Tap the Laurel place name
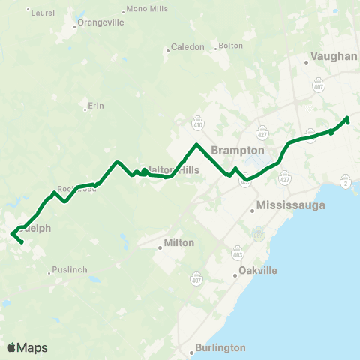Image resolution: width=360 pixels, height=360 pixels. point(42,13)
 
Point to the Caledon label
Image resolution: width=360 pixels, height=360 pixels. point(187,47)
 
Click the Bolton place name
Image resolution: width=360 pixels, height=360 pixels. point(232,46)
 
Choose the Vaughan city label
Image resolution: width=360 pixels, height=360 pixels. point(333,56)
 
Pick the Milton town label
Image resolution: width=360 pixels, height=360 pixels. point(180,243)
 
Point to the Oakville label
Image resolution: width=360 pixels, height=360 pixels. point(258,270)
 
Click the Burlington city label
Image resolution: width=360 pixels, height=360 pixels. point(219,348)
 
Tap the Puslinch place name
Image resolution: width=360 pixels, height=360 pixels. point(72,270)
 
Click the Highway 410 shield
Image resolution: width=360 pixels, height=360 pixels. point(199,121)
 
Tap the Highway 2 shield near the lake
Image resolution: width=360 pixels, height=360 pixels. point(345,182)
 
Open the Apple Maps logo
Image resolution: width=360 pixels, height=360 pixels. point(27,347)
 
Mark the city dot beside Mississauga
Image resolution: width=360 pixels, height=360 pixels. point(253,211)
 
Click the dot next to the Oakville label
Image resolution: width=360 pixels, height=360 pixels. point(235,275)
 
